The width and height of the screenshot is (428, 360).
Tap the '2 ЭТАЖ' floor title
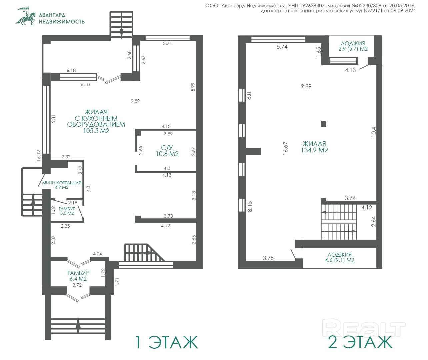[360, 342]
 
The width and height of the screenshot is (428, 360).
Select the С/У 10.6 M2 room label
[167, 151]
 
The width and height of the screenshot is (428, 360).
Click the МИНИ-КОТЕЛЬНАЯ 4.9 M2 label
[62, 185]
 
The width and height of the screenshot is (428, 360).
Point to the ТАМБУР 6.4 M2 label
[78, 276]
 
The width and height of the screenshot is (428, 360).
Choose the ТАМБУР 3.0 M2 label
[67, 211]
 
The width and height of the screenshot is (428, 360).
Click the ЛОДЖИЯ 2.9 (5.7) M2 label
[353, 46]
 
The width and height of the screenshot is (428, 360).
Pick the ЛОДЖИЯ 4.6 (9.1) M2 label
[340, 257]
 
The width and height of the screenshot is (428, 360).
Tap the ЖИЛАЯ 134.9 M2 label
[314, 147]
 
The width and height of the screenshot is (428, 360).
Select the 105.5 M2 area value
[96, 131]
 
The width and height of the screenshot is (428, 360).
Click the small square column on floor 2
[323, 124]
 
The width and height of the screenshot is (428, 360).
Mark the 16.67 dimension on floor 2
[286, 148]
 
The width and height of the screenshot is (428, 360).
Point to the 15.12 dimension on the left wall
[39, 156]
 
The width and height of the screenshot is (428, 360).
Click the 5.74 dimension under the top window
[282, 47]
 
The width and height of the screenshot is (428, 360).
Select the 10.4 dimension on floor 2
[374, 132]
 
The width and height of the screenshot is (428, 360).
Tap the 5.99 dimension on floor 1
[193, 87]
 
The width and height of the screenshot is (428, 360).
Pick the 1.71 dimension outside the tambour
[117, 282]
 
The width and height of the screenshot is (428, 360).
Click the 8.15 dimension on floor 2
[250, 206]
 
